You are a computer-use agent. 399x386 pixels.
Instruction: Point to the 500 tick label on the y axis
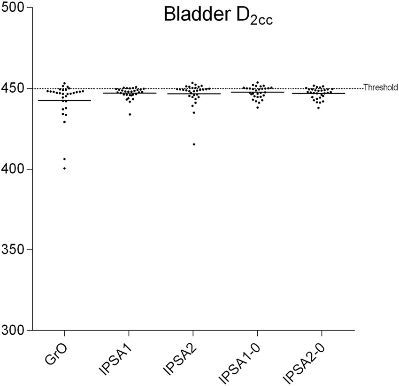click(x=13, y=8)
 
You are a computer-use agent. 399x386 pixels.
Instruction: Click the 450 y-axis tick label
click(x=13, y=88)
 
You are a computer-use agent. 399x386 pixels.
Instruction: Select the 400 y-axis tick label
click(x=13, y=169)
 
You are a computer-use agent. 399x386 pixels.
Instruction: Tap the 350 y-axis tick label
click(x=13, y=249)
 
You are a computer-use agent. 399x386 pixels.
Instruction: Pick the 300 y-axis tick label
click(x=13, y=330)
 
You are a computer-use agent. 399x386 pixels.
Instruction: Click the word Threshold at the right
click(x=381, y=87)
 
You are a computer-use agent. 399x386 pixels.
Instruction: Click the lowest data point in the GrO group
click(x=64, y=168)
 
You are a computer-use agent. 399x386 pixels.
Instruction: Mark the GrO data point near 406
click(x=64, y=159)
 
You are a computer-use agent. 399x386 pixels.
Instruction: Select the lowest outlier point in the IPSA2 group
click(x=194, y=144)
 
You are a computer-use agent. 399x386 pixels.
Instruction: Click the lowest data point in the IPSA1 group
click(x=130, y=114)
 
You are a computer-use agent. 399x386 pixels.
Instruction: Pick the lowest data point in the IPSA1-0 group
click(x=257, y=108)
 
